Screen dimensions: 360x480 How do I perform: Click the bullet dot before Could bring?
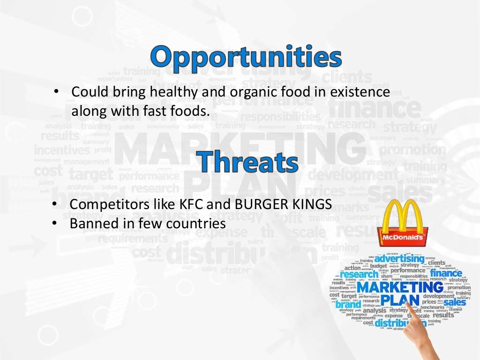pos(56,91)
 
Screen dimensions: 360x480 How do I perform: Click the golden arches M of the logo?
pos(402,215)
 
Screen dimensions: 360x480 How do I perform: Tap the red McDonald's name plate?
pos(403,238)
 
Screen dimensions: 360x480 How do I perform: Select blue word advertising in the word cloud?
pos(399,258)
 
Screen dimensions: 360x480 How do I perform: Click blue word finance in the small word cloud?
pos(446,273)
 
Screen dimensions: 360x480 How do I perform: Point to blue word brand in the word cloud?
pos(348,304)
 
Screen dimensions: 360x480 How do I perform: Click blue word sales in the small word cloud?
pos(454,302)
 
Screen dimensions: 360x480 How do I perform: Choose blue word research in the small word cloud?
pos(360,275)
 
